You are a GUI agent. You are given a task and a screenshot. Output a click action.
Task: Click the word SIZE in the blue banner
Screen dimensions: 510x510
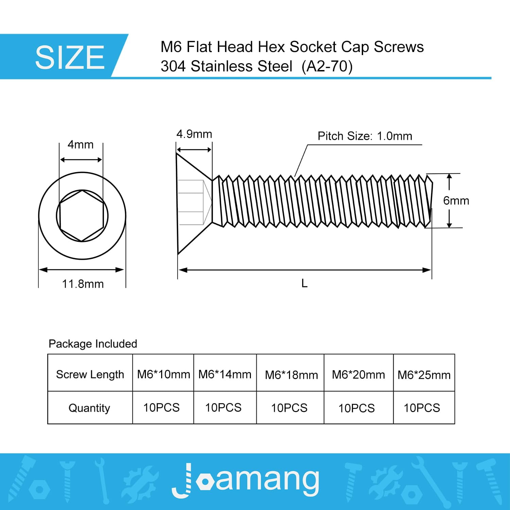coord(70,57)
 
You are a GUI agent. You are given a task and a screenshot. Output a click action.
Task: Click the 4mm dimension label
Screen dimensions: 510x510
coord(81,144)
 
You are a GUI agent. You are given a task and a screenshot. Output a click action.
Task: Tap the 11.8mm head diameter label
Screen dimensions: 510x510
coord(83,284)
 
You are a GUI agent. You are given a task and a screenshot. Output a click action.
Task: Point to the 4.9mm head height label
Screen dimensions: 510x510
coord(194,134)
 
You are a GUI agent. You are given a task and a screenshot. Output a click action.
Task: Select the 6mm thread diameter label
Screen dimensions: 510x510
coord(456,201)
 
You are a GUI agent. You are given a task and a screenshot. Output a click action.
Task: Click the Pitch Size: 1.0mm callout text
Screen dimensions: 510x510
coord(365,136)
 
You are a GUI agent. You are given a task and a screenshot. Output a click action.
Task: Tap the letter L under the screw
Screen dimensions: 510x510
coord(304,283)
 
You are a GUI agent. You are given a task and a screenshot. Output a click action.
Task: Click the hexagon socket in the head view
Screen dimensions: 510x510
coord(82,216)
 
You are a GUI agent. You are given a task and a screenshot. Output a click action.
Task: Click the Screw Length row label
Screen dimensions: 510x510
coord(90,374)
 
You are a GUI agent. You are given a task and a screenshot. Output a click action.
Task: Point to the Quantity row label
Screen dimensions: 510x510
coord(89,408)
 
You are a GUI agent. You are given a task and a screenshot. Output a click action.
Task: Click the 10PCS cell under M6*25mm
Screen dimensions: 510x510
coord(422,408)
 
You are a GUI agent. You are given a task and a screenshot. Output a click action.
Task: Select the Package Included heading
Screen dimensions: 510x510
coord(93,344)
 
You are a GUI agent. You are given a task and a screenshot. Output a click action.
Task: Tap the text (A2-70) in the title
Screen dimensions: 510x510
coord(327,66)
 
